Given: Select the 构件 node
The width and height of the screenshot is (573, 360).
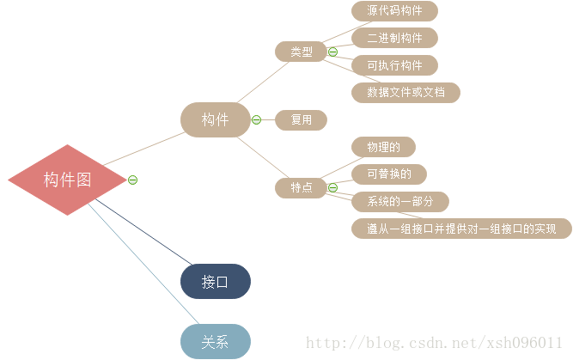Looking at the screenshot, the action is click(215, 119).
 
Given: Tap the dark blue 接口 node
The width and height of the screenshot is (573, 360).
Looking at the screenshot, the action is click(215, 281).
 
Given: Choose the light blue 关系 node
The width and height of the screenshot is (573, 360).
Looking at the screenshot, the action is click(215, 341).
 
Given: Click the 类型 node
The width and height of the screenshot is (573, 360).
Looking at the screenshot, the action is click(301, 52).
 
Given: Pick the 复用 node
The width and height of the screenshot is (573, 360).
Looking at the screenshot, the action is click(301, 120).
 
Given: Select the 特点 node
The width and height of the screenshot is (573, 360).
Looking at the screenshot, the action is click(301, 187).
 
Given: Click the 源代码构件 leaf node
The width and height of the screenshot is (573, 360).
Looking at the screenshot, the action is click(394, 11).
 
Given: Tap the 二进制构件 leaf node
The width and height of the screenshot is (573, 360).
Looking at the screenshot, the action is click(394, 38).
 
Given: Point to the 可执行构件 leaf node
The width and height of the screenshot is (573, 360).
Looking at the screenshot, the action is click(394, 64).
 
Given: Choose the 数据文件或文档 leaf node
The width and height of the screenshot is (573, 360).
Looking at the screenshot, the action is click(405, 92).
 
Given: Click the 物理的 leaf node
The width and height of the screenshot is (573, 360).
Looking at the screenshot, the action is click(383, 147).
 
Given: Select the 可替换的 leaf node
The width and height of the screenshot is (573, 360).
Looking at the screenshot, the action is click(388, 174).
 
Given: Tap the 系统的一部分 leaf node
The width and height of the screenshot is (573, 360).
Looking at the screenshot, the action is click(399, 201).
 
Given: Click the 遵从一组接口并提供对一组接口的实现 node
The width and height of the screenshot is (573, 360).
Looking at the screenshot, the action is click(461, 229).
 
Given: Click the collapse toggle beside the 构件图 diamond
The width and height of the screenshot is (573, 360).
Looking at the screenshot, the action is click(132, 180).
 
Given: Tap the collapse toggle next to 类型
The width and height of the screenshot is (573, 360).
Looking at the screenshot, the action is click(333, 52).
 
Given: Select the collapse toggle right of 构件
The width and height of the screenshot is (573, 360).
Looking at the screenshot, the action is click(256, 119).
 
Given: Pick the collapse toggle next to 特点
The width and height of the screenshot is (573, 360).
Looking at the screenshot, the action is click(333, 187).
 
